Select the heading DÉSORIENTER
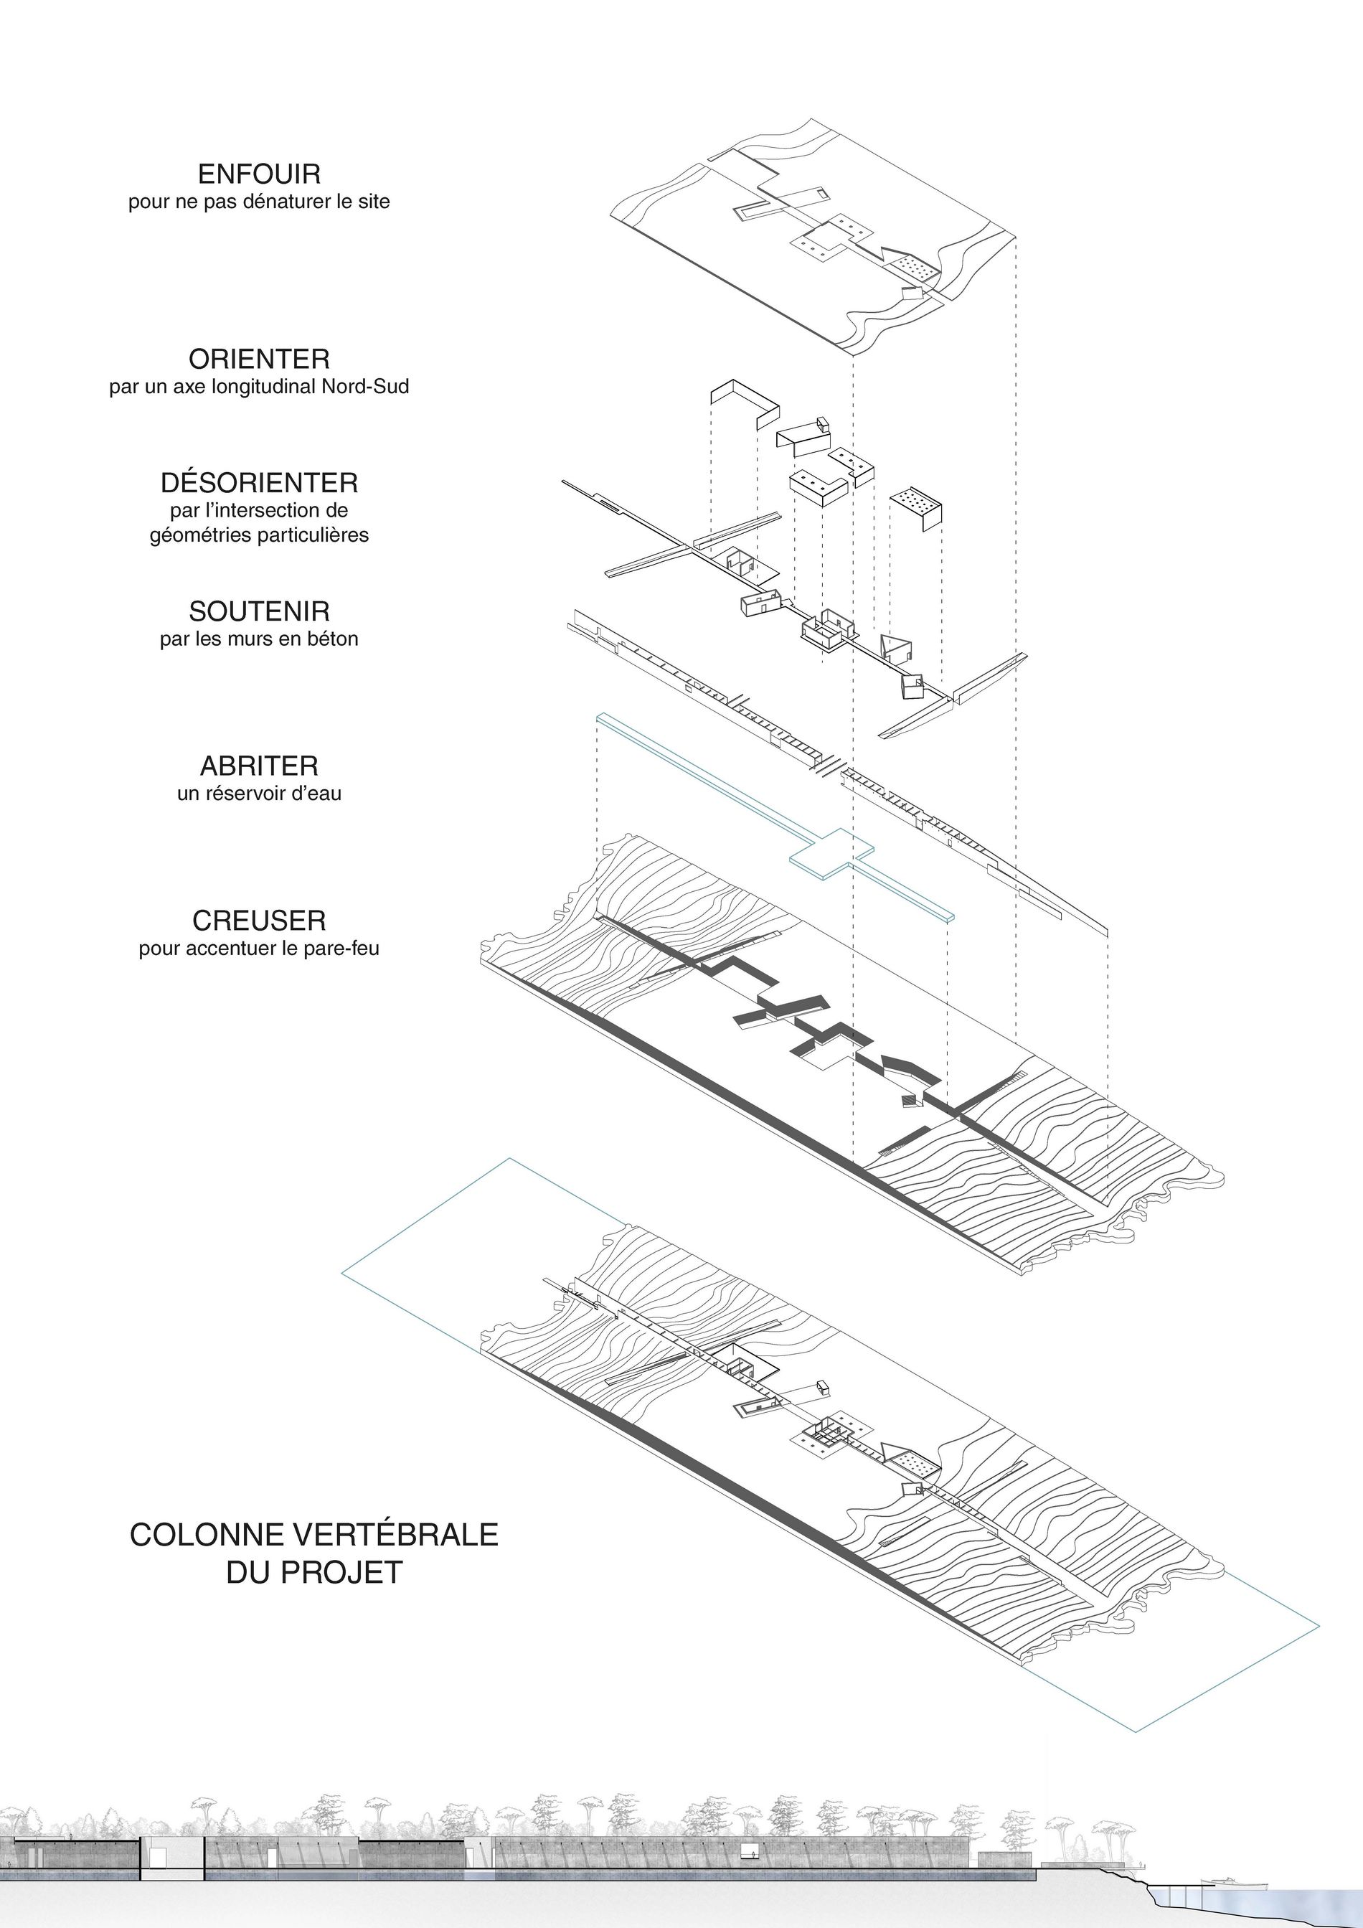click(x=260, y=482)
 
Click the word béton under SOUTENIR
click(x=334, y=639)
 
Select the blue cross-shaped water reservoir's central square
click(x=831, y=854)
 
